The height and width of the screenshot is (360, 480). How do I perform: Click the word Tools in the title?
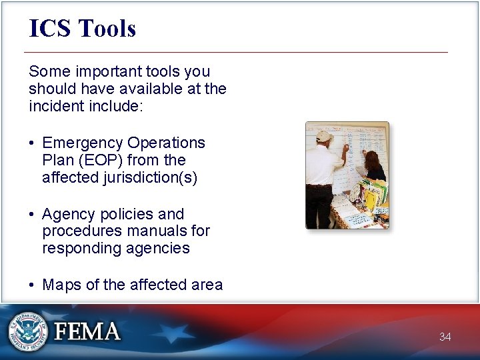pos(107,29)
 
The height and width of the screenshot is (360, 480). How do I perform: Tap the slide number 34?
pos(445,337)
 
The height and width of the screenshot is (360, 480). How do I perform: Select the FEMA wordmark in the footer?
pos(87,332)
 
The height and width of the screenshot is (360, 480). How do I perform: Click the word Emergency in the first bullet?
pos(83,143)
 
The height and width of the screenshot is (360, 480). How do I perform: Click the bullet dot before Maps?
pos(32,285)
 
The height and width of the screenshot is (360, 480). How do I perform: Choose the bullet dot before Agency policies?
pos(32,215)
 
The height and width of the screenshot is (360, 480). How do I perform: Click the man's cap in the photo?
pos(324,136)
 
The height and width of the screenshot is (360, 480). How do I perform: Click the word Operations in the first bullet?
pos(166,143)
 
